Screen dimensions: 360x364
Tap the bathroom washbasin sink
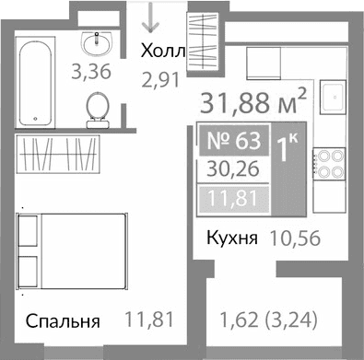point(96,42)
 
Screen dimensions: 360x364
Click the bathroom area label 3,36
point(91,73)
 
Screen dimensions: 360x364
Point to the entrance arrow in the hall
point(150,17)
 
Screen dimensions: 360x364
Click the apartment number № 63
point(235,143)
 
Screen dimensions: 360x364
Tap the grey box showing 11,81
point(235,198)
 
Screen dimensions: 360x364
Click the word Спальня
point(63,322)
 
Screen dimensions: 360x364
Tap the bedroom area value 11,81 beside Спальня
point(149,321)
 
